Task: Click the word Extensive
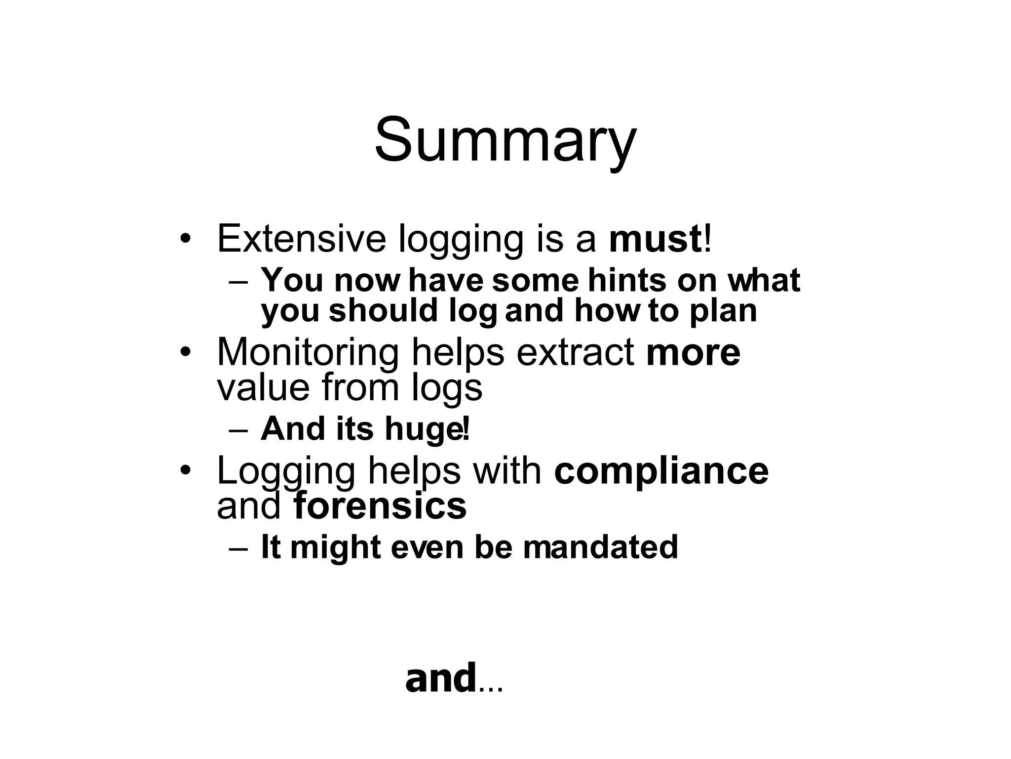[x=301, y=239]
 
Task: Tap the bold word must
[x=655, y=239]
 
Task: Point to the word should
[x=384, y=311]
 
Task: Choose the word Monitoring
[x=308, y=352]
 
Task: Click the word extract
[x=576, y=352]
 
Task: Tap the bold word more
[x=693, y=352]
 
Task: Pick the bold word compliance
[x=661, y=471]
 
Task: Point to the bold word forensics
[x=380, y=506]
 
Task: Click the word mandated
[x=600, y=548]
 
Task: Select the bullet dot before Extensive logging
[x=185, y=239]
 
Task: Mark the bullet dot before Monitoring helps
[x=185, y=352]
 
